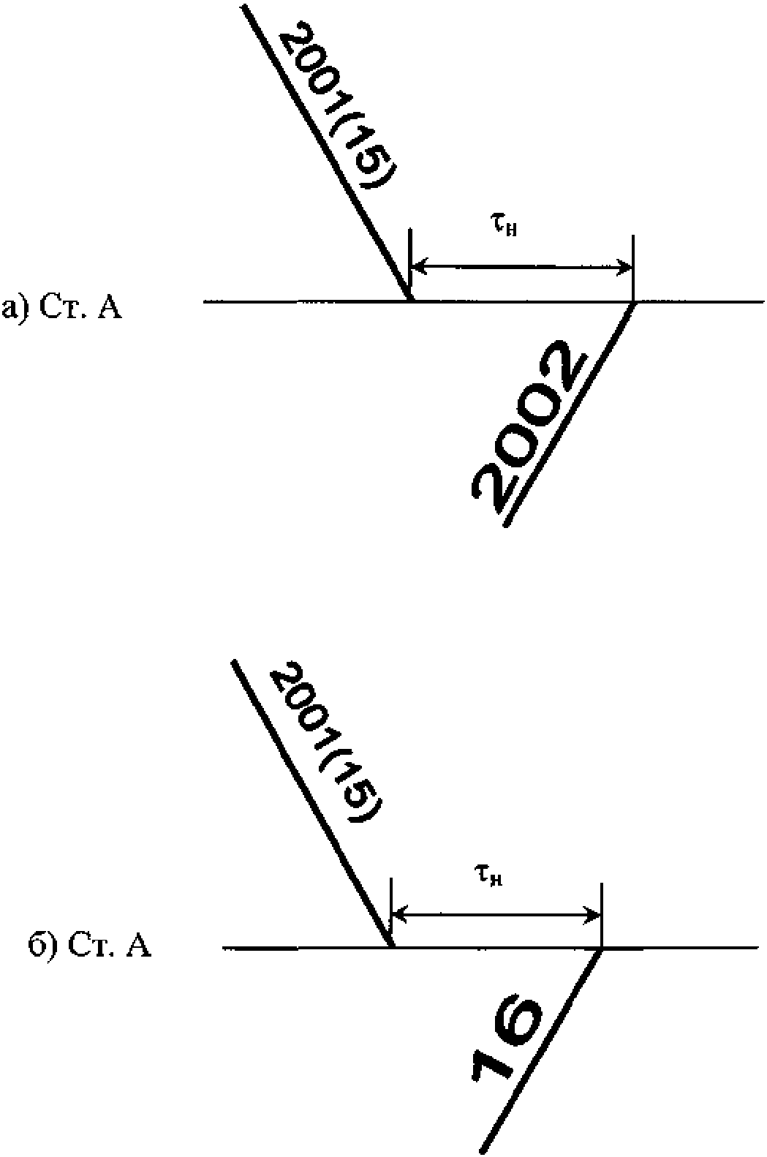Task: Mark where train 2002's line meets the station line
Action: click(634, 301)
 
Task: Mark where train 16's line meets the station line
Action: click(602, 949)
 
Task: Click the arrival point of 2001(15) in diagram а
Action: click(410, 301)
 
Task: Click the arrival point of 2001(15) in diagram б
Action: click(392, 948)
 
